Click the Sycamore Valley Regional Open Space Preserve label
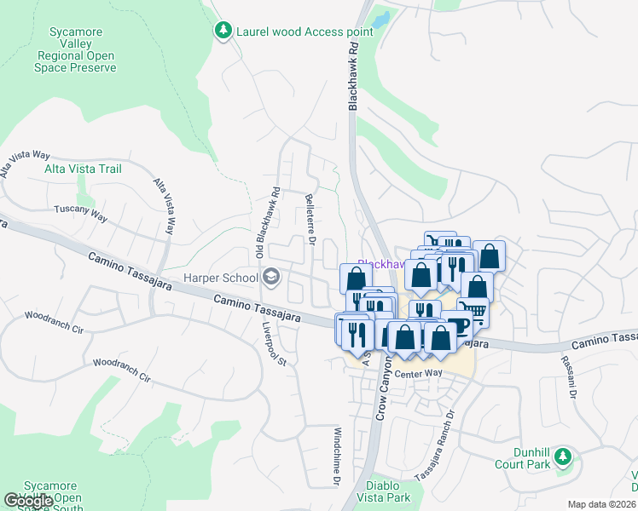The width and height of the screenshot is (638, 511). (77, 50)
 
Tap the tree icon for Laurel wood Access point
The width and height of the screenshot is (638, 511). (223, 32)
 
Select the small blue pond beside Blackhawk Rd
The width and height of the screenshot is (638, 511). (380, 17)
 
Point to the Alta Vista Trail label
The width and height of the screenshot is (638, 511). (83, 169)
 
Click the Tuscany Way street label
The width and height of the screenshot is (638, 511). (81, 214)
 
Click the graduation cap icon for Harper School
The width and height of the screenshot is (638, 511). (271, 277)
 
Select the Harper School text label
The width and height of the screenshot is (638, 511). (221, 278)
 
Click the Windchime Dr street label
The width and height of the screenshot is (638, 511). (338, 456)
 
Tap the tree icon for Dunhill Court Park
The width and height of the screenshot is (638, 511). (562, 457)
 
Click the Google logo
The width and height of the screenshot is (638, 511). (29, 501)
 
